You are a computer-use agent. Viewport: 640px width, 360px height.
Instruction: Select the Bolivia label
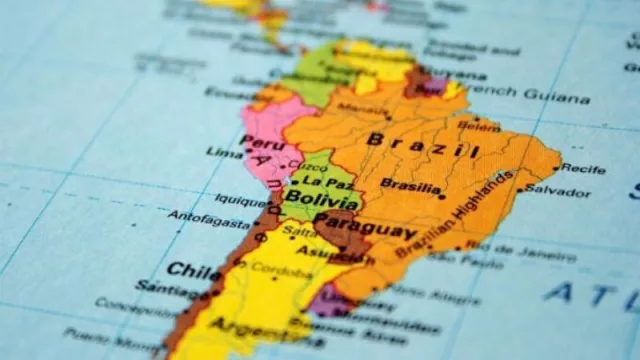coord(307,199)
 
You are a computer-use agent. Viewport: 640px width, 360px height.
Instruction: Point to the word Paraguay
coord(365,225)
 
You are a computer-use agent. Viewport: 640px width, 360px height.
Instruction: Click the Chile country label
coord(194,270)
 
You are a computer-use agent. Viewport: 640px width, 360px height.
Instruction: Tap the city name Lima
coord(224,152)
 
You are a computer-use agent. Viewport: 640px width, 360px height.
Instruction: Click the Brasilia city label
coord(410,185)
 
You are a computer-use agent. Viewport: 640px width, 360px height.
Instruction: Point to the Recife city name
coord(583,169)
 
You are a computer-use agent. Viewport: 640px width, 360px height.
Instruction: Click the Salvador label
coord(558,189)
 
